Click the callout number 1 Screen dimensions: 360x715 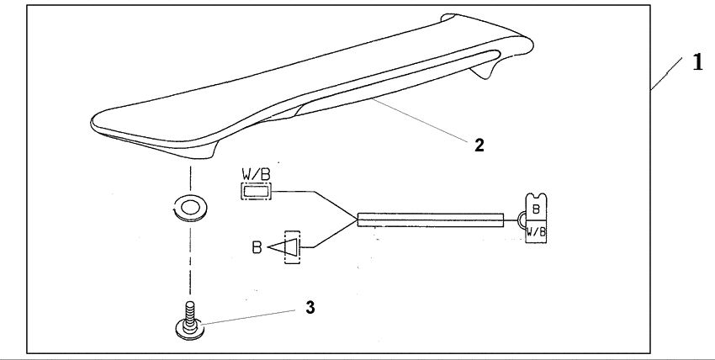click(696, 64)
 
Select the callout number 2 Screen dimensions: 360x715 click(478, 145)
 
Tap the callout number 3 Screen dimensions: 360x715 click(310, 307)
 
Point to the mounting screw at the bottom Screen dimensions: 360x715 click(190, 324)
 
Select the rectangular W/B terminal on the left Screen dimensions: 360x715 click(257, 192)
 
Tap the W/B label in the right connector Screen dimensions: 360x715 click(537, 230)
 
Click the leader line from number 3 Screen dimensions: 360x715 click(249, 315)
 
